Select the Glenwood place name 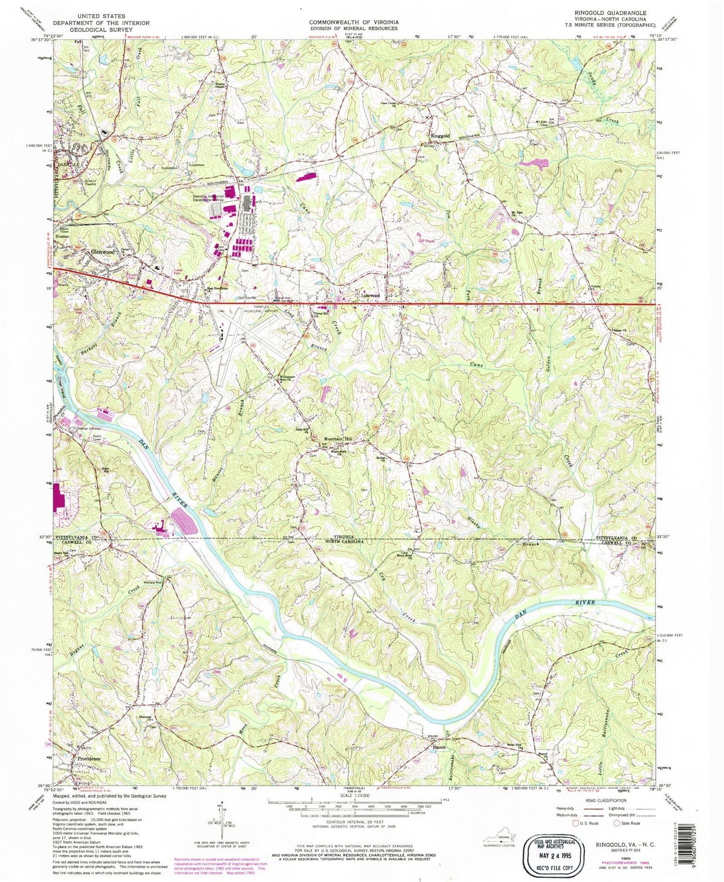[103, 252]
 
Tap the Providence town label [89, 759]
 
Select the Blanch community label [439, 747]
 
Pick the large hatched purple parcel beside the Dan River [185, 522]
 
